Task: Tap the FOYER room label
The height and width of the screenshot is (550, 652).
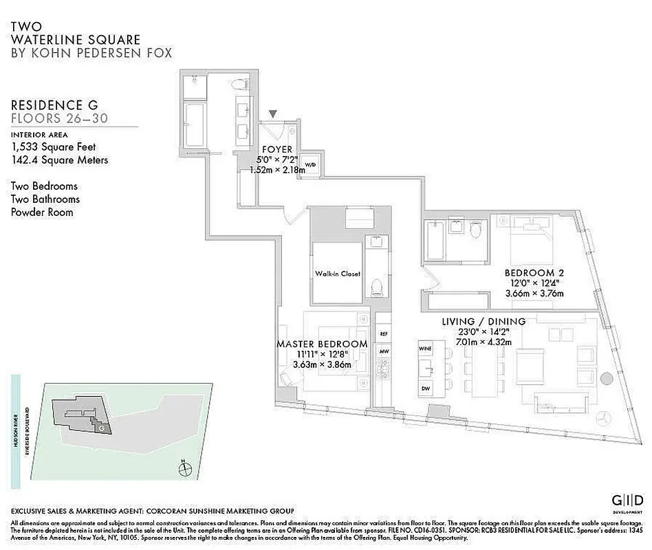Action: click(x=277, y=149)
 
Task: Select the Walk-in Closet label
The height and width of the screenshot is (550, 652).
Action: click(x=337, y=274)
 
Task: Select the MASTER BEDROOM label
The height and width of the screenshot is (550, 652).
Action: click(x=322, y=344)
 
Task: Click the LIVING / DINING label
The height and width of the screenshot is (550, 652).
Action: click(x=483, y=321)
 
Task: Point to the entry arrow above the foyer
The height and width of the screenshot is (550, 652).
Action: click(x=273, y=114)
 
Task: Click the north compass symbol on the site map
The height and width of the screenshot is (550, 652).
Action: click(x=184, y=470)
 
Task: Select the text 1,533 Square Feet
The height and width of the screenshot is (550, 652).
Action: click(x=54, y=146)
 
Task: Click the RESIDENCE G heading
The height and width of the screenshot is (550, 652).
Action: click(x=54, y=104)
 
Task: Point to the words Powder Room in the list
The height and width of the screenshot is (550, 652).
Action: click(x=42, y=212)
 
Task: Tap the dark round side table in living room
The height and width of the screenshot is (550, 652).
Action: click(x=606, y=377)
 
